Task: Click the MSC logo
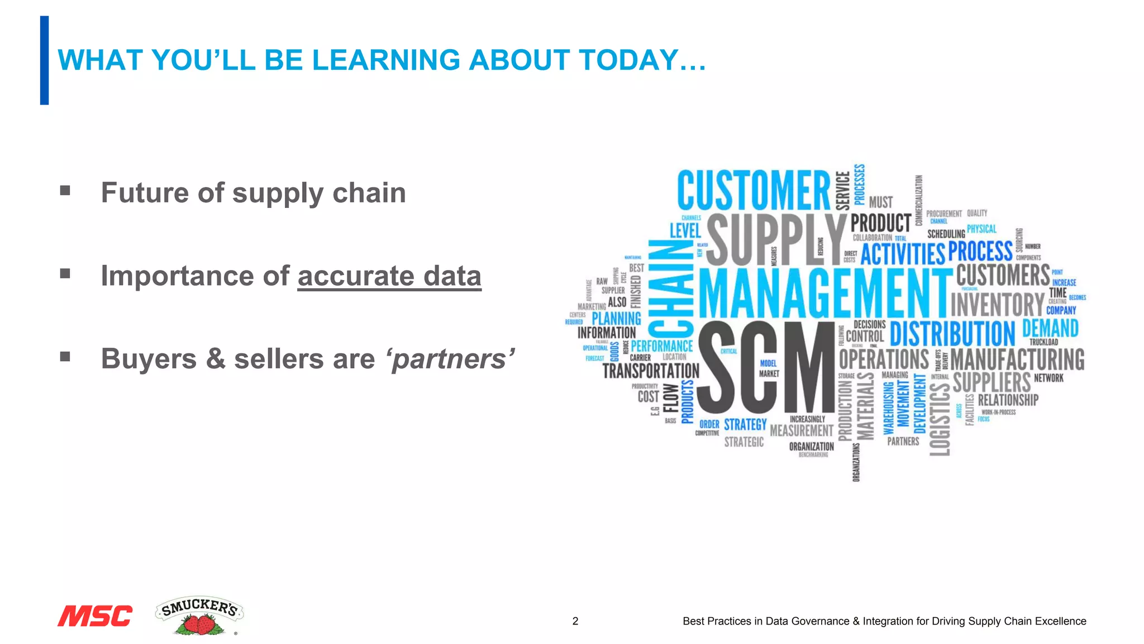95,615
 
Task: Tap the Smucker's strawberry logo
199,615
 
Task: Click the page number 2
575,621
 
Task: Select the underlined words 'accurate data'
389,276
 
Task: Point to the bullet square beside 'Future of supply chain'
65,191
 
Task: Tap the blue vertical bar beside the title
44,60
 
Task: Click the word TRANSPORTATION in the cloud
651,371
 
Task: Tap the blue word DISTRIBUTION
952,334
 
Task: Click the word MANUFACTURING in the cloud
1017,359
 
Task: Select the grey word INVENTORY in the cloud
997,305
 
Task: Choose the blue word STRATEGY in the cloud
745,424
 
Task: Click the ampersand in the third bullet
215,359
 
